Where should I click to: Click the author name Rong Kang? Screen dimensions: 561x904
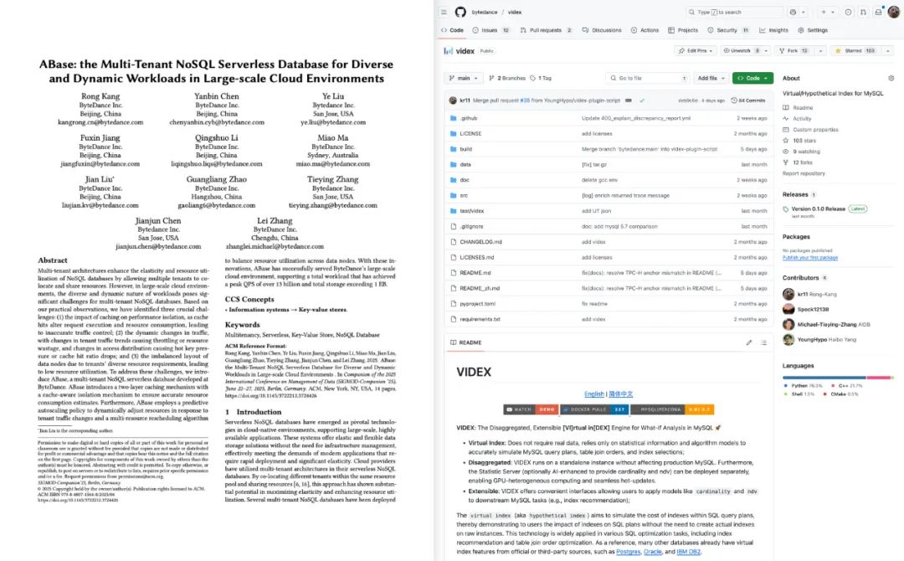click(x=100, y=96)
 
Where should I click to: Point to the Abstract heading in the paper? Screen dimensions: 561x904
click(x=53, y=260)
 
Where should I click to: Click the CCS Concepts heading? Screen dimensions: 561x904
click(x=250, y=299)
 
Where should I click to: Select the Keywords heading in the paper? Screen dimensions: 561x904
click(x=243, y=325)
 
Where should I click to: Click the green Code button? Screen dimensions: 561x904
click(x=752, y=78)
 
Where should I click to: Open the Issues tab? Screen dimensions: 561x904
click(x=489, y=30)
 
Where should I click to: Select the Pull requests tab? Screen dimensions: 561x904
click(x=546, y=30)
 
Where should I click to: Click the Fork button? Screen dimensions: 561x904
click(x=793, y=51)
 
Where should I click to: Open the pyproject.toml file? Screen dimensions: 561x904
click(x=478, y=303)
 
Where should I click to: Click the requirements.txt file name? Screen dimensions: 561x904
click(x=480, y=319)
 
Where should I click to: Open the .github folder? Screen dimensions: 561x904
click(x=469, y=118)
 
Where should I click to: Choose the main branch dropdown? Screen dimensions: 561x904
click(x=463, y=78)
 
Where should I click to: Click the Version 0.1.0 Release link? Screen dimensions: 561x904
click(x=818, y=208)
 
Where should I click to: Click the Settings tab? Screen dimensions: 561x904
click(x=813, y=30)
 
